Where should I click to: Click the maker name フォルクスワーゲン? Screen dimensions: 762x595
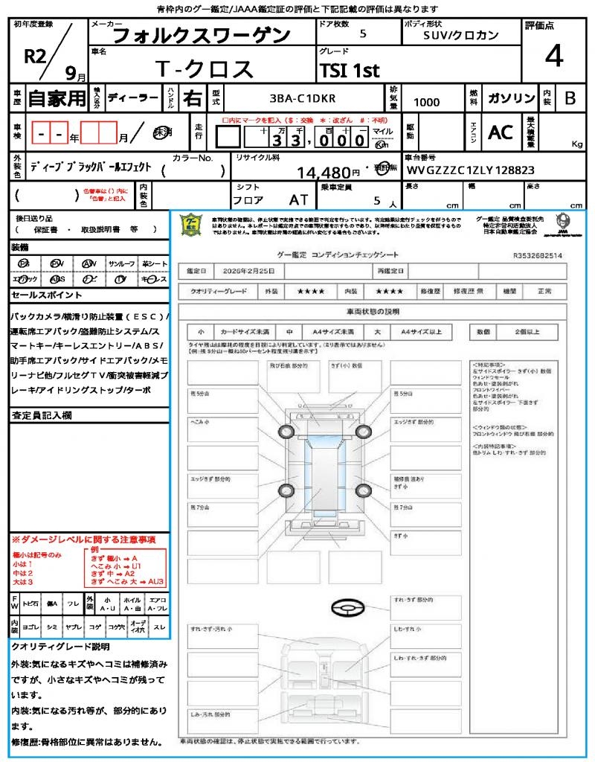[202, 35]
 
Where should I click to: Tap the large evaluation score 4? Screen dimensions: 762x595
[553, 57]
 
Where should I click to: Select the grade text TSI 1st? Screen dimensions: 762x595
[350, 71]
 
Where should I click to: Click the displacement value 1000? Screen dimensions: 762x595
[426, 103]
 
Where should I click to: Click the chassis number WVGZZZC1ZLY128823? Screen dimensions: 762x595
[471, 170]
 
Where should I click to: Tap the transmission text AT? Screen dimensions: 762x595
[298, 200]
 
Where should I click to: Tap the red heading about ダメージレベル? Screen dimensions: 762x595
[83, 539]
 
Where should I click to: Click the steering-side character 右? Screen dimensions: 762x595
[193, 98]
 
